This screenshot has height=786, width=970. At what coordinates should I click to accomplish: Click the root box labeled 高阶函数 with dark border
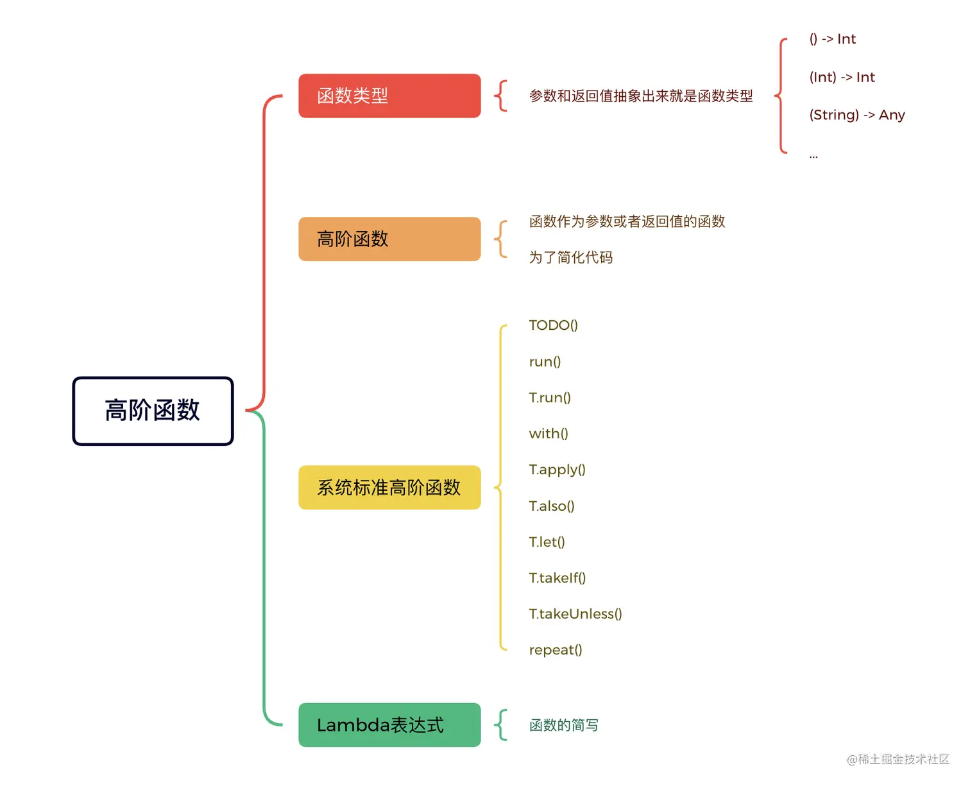pos(153,411)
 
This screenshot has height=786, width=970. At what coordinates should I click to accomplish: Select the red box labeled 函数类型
pos(389,96)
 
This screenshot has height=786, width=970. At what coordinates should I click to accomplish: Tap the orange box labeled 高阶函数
pos(389,239)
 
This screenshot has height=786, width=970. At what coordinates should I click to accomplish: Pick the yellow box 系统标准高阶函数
pos(389,488)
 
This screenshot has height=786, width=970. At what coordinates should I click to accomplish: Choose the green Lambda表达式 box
pos(389,725)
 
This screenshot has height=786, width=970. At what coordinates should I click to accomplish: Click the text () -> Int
pos(832,39)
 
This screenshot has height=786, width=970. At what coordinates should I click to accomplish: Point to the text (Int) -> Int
pos(842,78)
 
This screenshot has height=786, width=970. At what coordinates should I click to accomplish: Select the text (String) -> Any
pos(856,115)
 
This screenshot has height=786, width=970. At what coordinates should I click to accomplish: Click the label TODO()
pos(553,325)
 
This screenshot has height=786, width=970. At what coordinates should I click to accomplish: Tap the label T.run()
pos(550,398)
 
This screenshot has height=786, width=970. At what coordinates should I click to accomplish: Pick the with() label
pos(549,434)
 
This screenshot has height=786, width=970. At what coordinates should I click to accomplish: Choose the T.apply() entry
pos(557,470)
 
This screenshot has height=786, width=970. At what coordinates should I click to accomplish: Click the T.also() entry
pos(552,506)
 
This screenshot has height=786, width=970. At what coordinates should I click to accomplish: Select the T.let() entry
pos(547,542)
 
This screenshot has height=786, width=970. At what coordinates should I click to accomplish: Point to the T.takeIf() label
pos(557,578)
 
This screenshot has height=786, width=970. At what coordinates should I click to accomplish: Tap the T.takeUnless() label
pos(575,614)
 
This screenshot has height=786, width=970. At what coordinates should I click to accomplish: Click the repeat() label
pos(556,650)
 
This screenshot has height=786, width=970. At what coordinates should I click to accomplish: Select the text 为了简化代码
pos(571,257)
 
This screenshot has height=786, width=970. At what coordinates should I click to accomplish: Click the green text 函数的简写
pos(564,725)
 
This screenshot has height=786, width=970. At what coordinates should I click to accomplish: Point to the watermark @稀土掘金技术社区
pos(898,760)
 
